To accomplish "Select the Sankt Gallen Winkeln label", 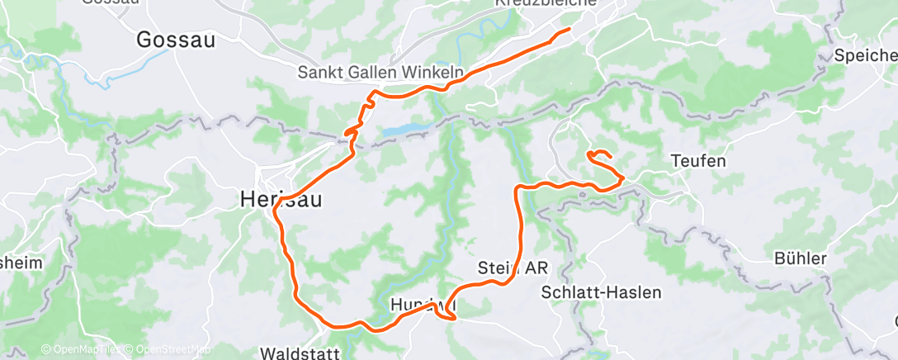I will (380, 73).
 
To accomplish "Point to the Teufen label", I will (698, 161).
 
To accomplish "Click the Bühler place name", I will (800, 259).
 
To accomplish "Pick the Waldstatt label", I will (300, 353).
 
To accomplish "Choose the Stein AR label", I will (513, 268).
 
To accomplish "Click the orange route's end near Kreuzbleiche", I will (569, 30).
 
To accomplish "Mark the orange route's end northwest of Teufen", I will (588, 153).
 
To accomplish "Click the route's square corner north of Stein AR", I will (518, 189).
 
